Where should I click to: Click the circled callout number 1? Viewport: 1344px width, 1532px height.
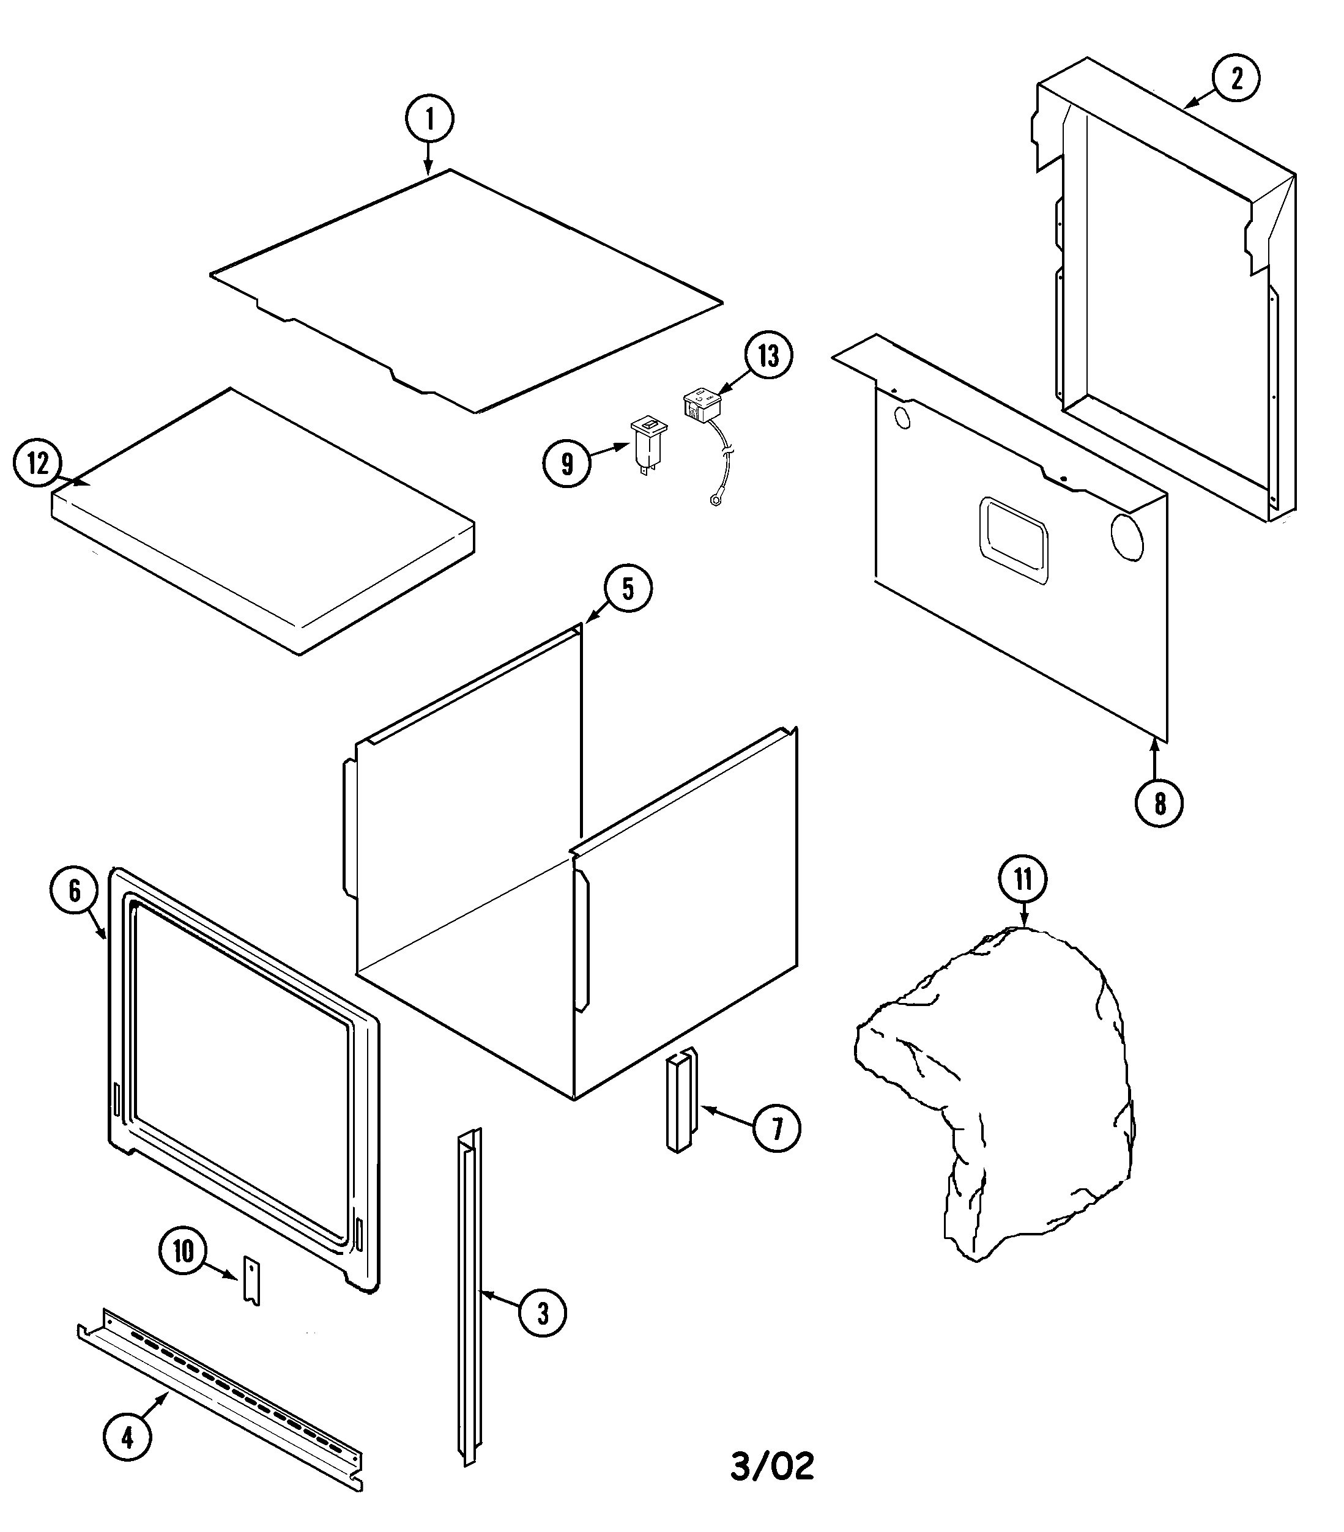[x=429, y=119]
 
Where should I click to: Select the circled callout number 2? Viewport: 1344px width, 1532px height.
[x=1236, y=78]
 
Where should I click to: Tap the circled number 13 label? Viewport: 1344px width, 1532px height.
[x=768, y=356]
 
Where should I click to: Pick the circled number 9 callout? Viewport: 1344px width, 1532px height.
[x=566, y=464]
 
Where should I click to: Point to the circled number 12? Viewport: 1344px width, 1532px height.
[x=37, y=464]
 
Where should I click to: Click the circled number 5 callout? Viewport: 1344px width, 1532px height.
[x=628, y=589]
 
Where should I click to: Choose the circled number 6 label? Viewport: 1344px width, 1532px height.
[x=74, y=890]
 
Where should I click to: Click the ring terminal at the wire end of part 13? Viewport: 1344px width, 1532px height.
[x=715, y=501]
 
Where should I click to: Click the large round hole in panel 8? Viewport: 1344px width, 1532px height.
[x=1127, y=536]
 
